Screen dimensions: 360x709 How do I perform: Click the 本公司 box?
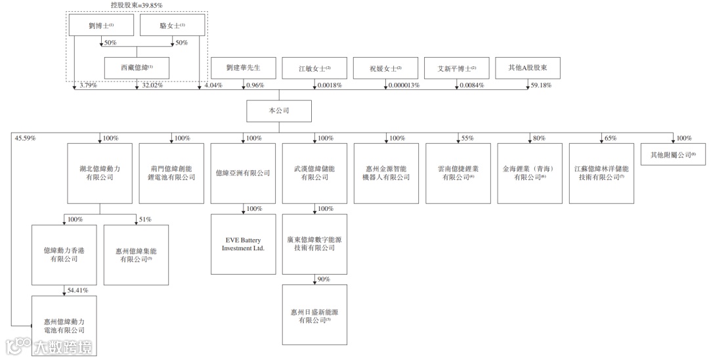click(278, 111)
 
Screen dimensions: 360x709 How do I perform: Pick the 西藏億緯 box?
click(137, 68)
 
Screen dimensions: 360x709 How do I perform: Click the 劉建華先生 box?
click(243, 68)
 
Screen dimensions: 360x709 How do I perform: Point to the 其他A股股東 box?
click(528, 68)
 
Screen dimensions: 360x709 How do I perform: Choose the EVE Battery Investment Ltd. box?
click(243, 244)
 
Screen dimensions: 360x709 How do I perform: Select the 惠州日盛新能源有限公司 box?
click(314, 314)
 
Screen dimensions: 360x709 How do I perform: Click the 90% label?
click(323, 279)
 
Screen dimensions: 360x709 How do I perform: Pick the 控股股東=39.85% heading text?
click(137, 5)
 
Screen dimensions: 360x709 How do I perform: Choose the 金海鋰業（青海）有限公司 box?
click(529, 173)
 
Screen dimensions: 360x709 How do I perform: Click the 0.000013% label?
click(404, 85)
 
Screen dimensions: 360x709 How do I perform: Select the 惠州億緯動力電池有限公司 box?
click(64, 325)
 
